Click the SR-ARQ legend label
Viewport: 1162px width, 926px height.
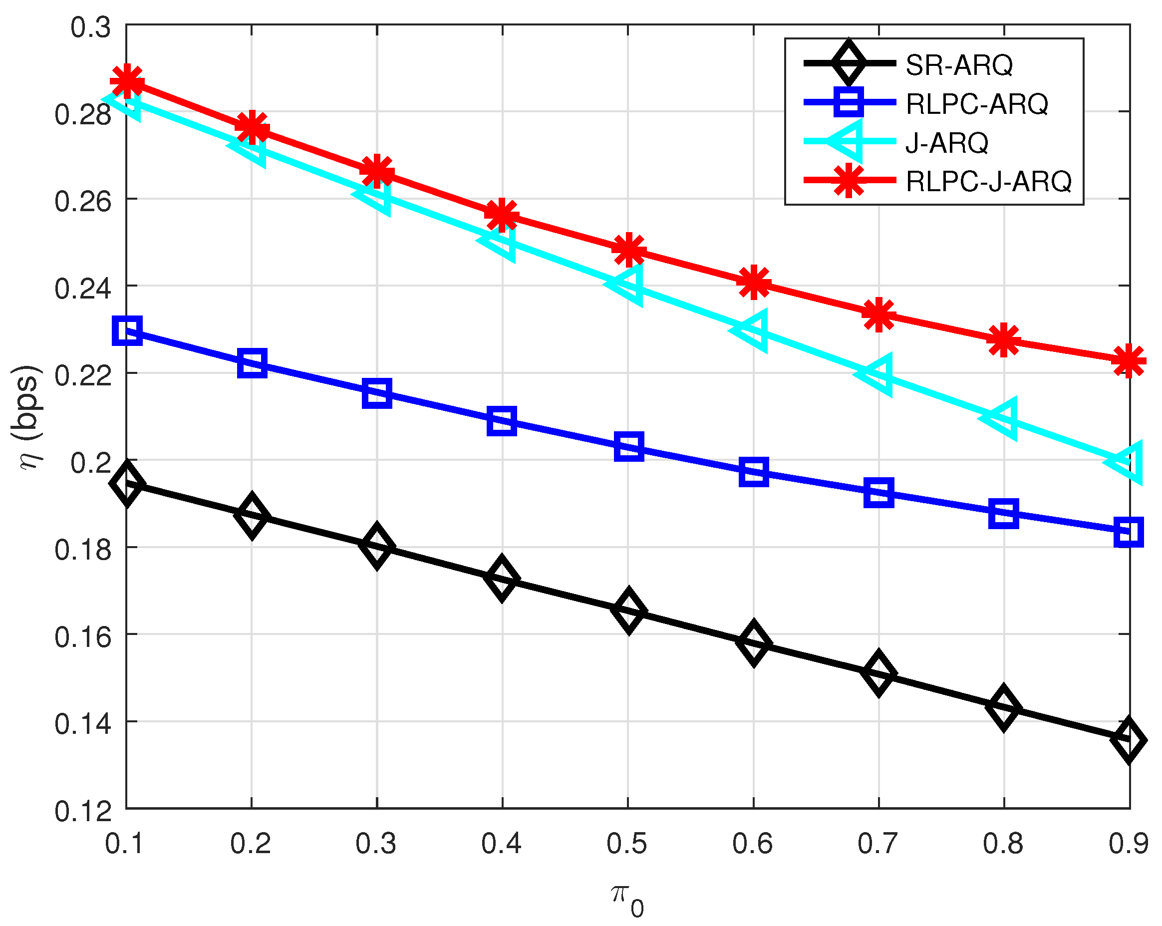coord(959,65)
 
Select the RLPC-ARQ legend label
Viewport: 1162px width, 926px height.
coord(977,104)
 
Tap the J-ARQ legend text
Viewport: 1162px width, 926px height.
coord(946,143)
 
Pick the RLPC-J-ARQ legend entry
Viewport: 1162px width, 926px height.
coord(988,181)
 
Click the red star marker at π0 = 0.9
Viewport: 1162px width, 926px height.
coord(1129,361)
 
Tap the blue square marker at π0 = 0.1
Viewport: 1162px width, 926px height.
coord(127,330)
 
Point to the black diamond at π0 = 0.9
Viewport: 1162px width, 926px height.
coord(1129,740)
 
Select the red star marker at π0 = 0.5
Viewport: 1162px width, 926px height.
coord(628,250)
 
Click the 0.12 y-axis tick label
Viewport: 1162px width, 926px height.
coord(83,811)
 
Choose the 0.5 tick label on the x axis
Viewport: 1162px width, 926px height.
coord(627,844)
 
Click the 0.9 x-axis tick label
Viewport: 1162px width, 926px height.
coord(1129,844)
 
